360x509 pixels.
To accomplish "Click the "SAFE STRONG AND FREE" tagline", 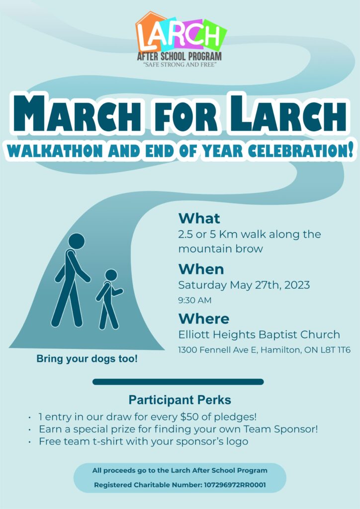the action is (180, 64).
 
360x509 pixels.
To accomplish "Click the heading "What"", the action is (199, 218).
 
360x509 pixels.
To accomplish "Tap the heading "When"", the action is (201, 269).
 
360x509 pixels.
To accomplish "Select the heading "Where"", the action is (204, 319).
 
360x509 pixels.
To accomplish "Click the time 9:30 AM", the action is (195, 301).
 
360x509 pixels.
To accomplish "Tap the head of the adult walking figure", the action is (76, 241).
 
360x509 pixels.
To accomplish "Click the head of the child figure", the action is (111, 275).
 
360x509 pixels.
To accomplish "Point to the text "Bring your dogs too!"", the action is (87, 359).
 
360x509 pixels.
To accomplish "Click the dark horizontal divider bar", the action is (178, 382).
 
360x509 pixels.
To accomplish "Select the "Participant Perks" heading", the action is (180, 400).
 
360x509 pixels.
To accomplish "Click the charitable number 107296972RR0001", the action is (235, 485).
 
